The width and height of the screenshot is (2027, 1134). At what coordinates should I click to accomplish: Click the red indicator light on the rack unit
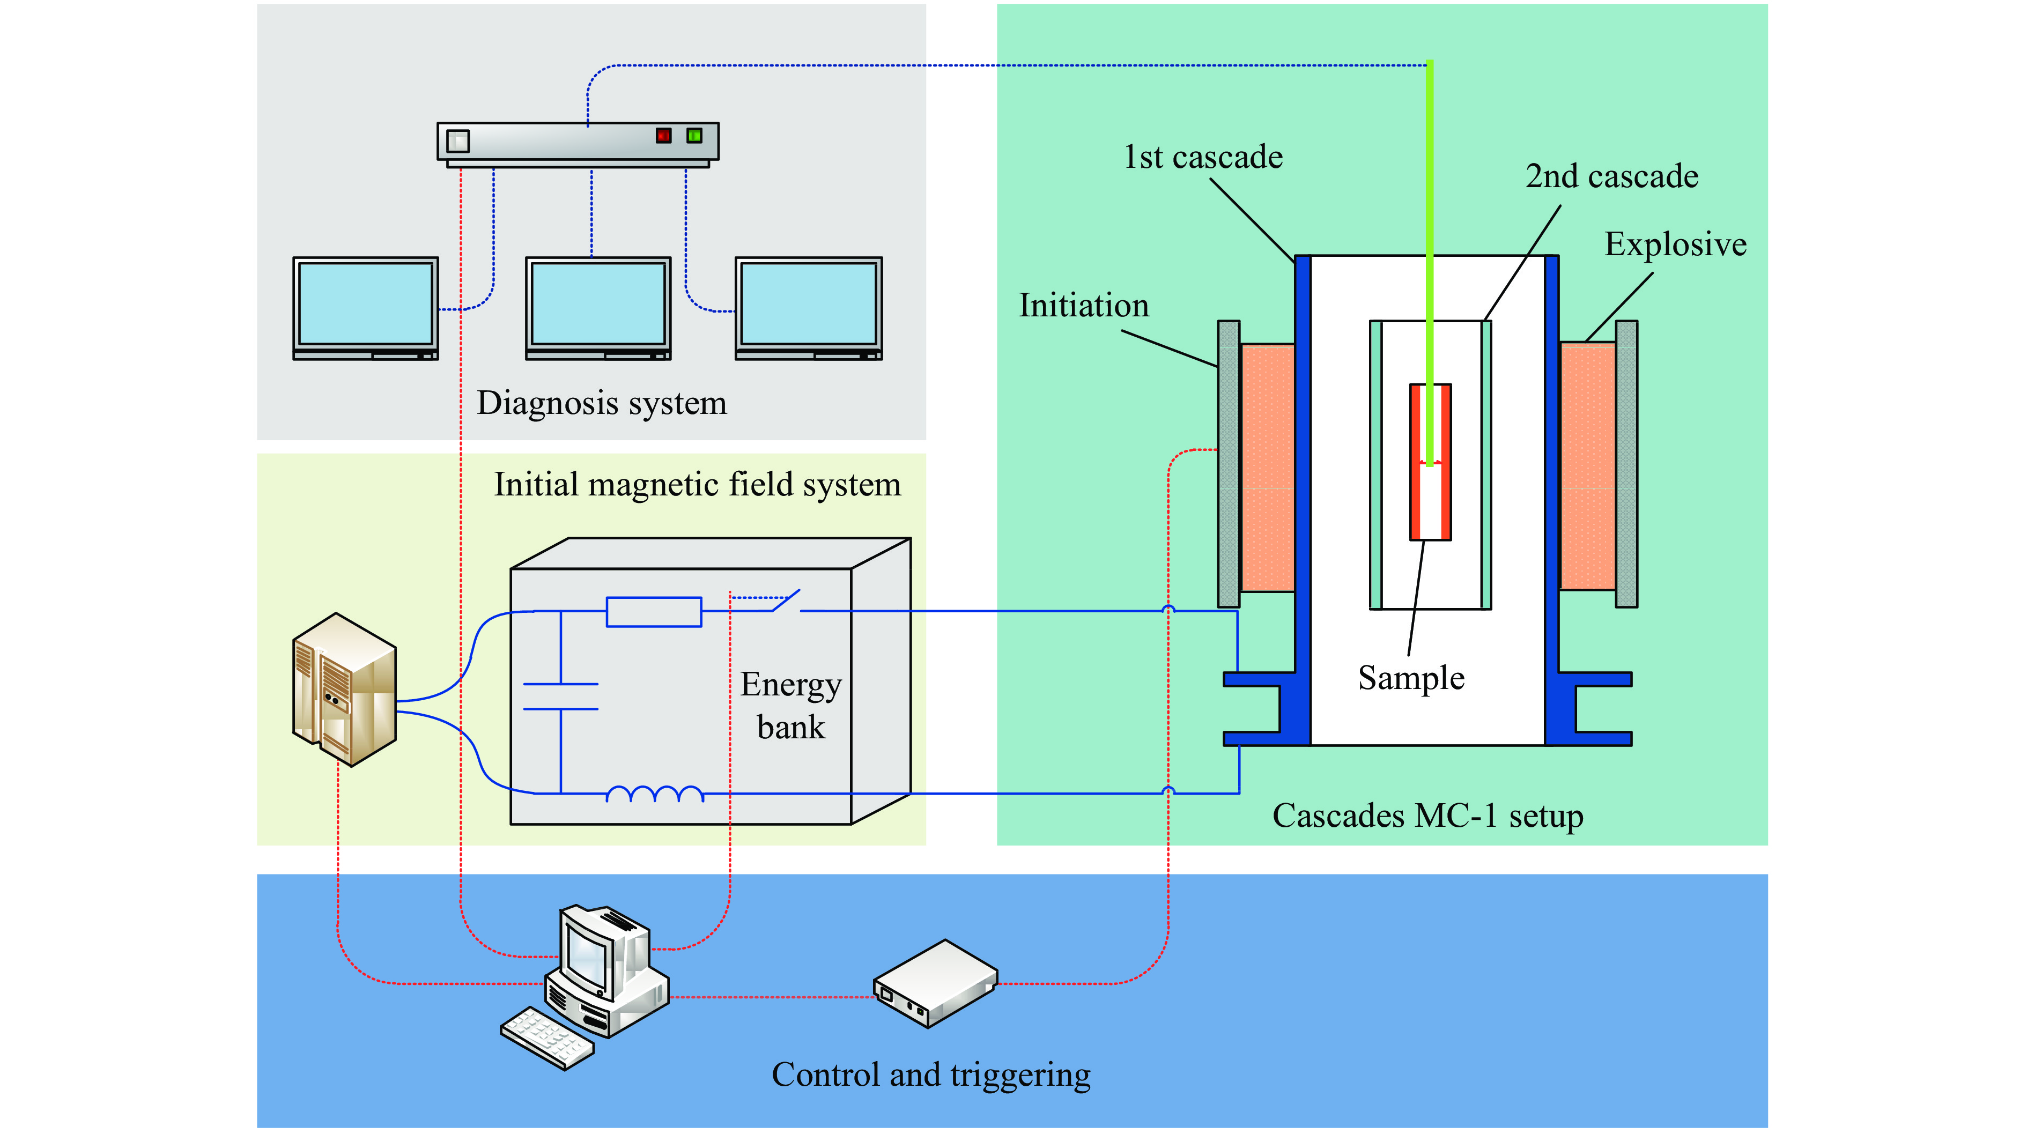pos(663,135)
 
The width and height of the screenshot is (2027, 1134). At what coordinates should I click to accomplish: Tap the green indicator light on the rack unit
pos(694,135)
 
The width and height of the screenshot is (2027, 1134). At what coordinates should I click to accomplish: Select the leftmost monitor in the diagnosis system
pos(365,305)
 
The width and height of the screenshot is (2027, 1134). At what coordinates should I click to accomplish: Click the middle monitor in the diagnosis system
pos(598,305)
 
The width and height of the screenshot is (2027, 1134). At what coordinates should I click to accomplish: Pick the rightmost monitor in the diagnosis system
pos(808,305)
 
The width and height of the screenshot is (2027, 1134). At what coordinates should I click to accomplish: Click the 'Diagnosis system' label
pos(602,403)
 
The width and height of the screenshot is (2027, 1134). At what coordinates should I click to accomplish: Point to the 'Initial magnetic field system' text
pos(697,485)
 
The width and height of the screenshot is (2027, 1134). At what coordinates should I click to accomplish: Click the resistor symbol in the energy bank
pos(653,611)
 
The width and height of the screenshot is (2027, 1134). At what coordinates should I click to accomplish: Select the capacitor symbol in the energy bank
pos(560,697)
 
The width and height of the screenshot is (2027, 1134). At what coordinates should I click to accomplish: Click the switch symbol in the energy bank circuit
pos(787,601)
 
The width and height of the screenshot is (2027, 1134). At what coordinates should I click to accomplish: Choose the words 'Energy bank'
pos(791,705)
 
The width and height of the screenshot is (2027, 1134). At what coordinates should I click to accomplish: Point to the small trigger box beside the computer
pos(935,984)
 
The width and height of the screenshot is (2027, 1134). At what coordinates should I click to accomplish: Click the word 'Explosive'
pos(1675,244)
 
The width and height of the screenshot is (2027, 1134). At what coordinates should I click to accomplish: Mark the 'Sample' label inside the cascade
pos(1411,678)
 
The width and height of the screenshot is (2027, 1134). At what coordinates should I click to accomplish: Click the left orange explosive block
pos(1267,468)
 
